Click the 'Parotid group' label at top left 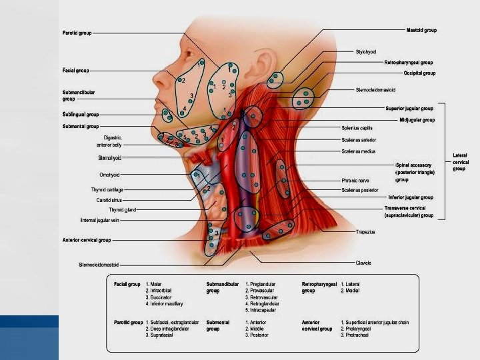click(77, 32)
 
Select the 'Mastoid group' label click(421, 30)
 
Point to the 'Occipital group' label click(419, 73)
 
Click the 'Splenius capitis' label click(357, 127)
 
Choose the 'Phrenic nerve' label click(355, 180)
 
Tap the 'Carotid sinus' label click(108, 199)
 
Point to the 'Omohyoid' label click(109, 175)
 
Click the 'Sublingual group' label click(76, 115)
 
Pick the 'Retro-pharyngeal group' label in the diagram click(409, 62)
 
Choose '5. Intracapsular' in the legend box click(262, 310)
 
